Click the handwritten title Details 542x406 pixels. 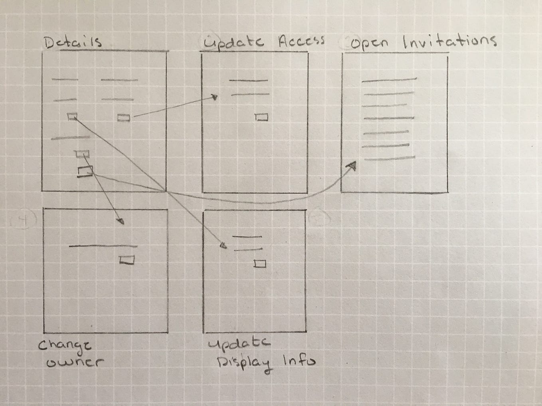pyautogui.click(x=73, y=42)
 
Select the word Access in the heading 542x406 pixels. pyautogui.click(x=301, y=41)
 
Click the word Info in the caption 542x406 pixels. pyautogui.click(x=299, y=361)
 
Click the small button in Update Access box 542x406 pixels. pyautogui.click(x=261, y=117)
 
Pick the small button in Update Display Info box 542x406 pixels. pyautogui.click(x=260, y=263)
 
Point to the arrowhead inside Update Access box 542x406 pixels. pyautogui.click(x=215, y=97)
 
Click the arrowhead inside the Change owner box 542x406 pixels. pyautogui.click(x=121, y=222)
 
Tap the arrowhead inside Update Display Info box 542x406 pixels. pyautogui.click(x=224, y=246)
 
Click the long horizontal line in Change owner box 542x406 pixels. pyautogui.click(x=103, y=246)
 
